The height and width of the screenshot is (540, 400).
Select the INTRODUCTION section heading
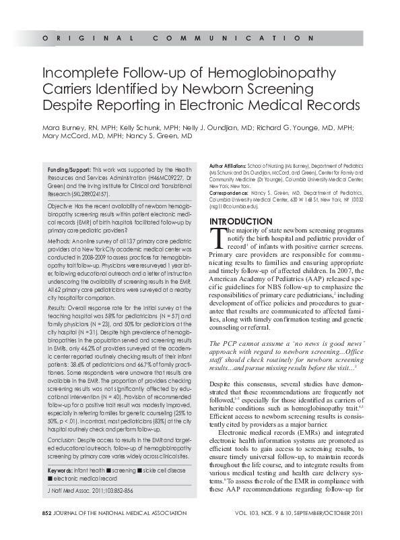240,222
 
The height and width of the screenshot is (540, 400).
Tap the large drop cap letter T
215,237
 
